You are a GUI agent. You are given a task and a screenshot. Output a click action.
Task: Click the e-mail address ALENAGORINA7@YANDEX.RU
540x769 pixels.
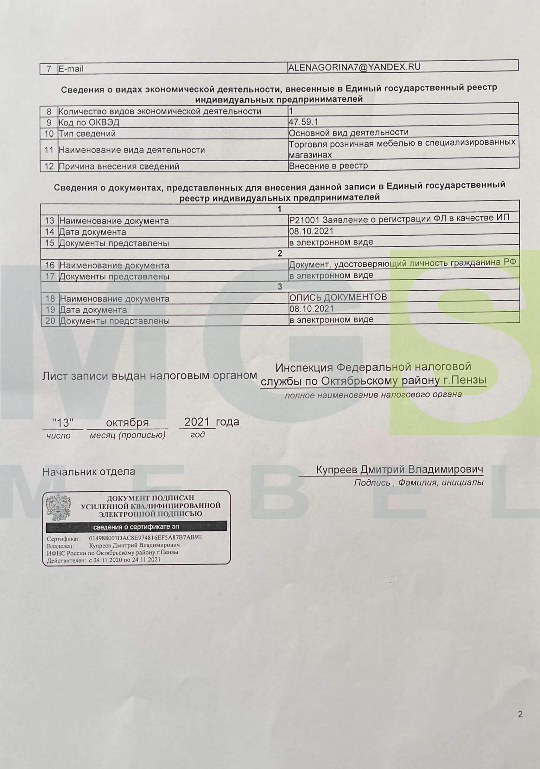[x=354, y=67]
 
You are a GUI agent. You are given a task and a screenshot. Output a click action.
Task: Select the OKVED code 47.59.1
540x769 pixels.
[x=303, y=121]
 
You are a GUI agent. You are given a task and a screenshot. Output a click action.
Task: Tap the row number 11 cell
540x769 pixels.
[x=49, y=150]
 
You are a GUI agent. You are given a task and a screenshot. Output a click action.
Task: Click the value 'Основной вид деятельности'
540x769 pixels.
[x=348, y=133]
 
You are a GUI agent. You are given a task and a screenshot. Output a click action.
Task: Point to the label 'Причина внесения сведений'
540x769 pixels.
[x=119, y=166]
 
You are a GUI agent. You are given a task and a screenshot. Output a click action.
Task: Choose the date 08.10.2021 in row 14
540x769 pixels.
[x=311, y=231]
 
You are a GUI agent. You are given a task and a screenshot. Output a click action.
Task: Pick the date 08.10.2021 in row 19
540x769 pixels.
[x=312, y=308]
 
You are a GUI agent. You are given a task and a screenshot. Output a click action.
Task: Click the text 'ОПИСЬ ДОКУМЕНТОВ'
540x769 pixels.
[x=338, y=297]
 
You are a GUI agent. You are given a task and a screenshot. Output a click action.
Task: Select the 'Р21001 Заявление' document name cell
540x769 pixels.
[x=399, y=218]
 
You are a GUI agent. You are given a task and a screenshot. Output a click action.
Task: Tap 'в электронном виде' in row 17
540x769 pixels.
[x=331, y=275]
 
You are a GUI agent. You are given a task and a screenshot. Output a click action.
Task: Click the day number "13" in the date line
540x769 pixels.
[x=63, y=423]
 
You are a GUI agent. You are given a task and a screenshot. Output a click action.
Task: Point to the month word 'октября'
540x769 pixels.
[x=127, y=423]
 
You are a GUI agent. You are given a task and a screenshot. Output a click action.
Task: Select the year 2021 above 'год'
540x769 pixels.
[x=197, y=422]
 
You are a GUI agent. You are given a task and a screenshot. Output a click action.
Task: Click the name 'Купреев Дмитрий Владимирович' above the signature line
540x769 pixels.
[x=399, y=469]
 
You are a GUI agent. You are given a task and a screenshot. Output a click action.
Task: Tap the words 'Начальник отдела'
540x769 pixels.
[x=89, y=472]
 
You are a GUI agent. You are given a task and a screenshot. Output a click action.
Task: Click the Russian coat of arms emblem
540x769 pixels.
[x=58, y=507]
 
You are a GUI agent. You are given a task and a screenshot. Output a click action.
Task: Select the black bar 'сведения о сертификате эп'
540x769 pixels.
[x=136, y=527]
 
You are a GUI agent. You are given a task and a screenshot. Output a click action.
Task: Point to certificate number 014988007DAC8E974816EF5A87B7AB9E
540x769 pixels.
[x=146, y=537]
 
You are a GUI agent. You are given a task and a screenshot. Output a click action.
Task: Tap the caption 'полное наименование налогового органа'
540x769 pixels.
[x=373, y=395]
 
